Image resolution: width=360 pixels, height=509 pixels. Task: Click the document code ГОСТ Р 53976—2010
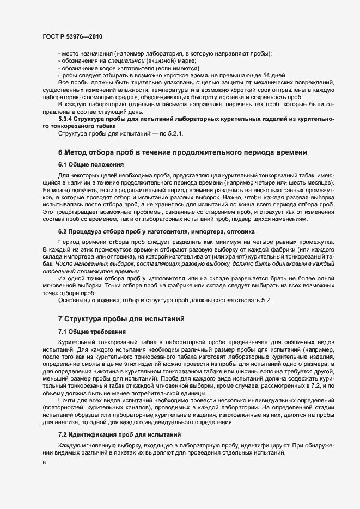(72, 36)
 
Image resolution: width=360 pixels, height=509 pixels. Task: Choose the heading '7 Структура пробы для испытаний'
(123, 318)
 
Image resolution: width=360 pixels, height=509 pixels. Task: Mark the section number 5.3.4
(68, 118)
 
